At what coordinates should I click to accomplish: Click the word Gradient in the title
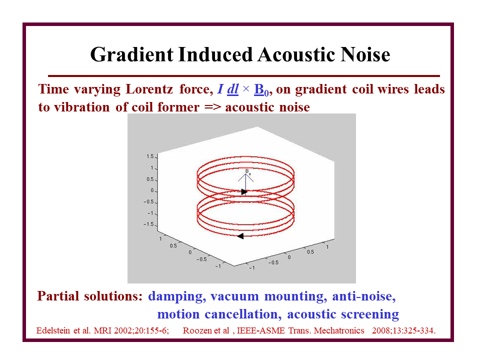(132, 55)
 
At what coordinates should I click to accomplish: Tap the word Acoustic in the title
(296, 54)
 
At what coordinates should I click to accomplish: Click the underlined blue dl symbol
(232, 89)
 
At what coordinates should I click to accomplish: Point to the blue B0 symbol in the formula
(261, 89)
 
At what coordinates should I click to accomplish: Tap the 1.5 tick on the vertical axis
(150, 156)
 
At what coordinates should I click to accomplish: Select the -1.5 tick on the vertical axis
(148, 224)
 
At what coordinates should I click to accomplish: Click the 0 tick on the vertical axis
(152, 190)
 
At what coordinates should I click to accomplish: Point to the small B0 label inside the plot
(248, 171)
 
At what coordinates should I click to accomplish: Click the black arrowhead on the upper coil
(244, 192)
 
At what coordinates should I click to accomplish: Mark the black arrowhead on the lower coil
(240, 236)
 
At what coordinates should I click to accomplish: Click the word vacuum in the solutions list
(234, 296)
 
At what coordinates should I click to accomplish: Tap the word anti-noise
(363, 296)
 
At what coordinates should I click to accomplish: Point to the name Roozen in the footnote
(195, 330)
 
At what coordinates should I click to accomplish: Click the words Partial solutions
(89, 296)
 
